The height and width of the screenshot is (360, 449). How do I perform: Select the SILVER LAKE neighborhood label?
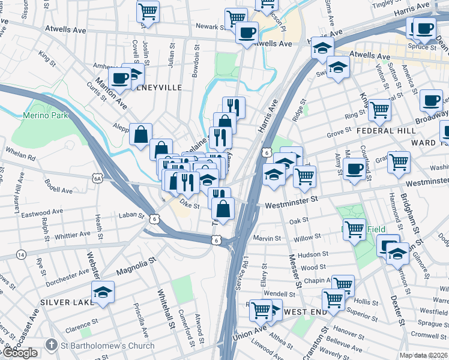[64, 302]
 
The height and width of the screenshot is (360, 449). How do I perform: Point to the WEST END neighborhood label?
[305, 312]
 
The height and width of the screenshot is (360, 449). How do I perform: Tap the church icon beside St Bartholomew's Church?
[52, 346]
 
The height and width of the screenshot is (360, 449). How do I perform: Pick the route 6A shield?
[97, 178]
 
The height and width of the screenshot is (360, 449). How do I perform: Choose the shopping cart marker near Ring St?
[379, 109]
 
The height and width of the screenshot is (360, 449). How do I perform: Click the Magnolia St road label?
[136, 264]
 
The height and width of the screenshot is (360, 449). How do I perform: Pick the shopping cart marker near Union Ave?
[261, 310]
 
